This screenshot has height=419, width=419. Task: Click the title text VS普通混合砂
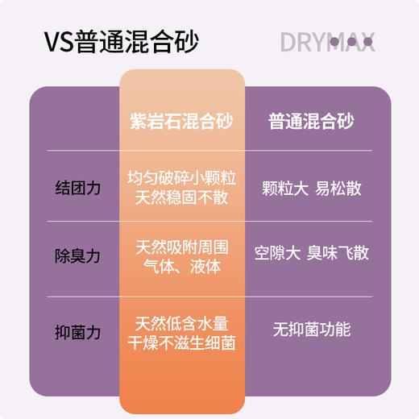tap(122, 40)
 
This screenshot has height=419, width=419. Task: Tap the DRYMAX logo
tap(327, 41)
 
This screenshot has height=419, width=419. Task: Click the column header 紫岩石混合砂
tap(181, 122)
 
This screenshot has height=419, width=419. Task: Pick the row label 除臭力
tap(78, 255)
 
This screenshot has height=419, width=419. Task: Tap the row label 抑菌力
tap(78, 330)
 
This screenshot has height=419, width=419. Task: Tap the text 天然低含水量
tap(181, 322)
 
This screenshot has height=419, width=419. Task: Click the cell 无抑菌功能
tap(311, 330)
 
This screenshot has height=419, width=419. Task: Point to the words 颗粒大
tap(284, 189)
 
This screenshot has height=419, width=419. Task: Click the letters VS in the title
tap(59, 41)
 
